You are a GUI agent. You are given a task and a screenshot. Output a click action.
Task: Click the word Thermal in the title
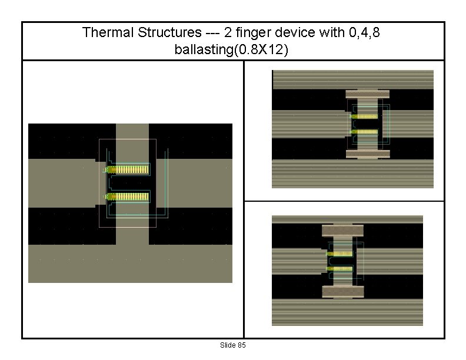click(108, 32)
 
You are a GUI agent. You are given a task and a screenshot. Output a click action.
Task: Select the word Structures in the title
click(169, 32)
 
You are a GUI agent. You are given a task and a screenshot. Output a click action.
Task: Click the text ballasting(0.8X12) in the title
click(231, 49)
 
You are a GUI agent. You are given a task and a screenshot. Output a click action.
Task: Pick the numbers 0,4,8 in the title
click(364, 32)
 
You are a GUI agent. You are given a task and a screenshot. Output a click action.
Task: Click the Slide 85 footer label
click(232, 345)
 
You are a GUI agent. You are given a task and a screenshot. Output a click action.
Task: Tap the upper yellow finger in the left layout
click(128, 169)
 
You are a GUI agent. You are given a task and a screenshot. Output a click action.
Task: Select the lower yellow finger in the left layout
click(128, 196)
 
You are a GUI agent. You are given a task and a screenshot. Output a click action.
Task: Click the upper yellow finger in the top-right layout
click(364, 116)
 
